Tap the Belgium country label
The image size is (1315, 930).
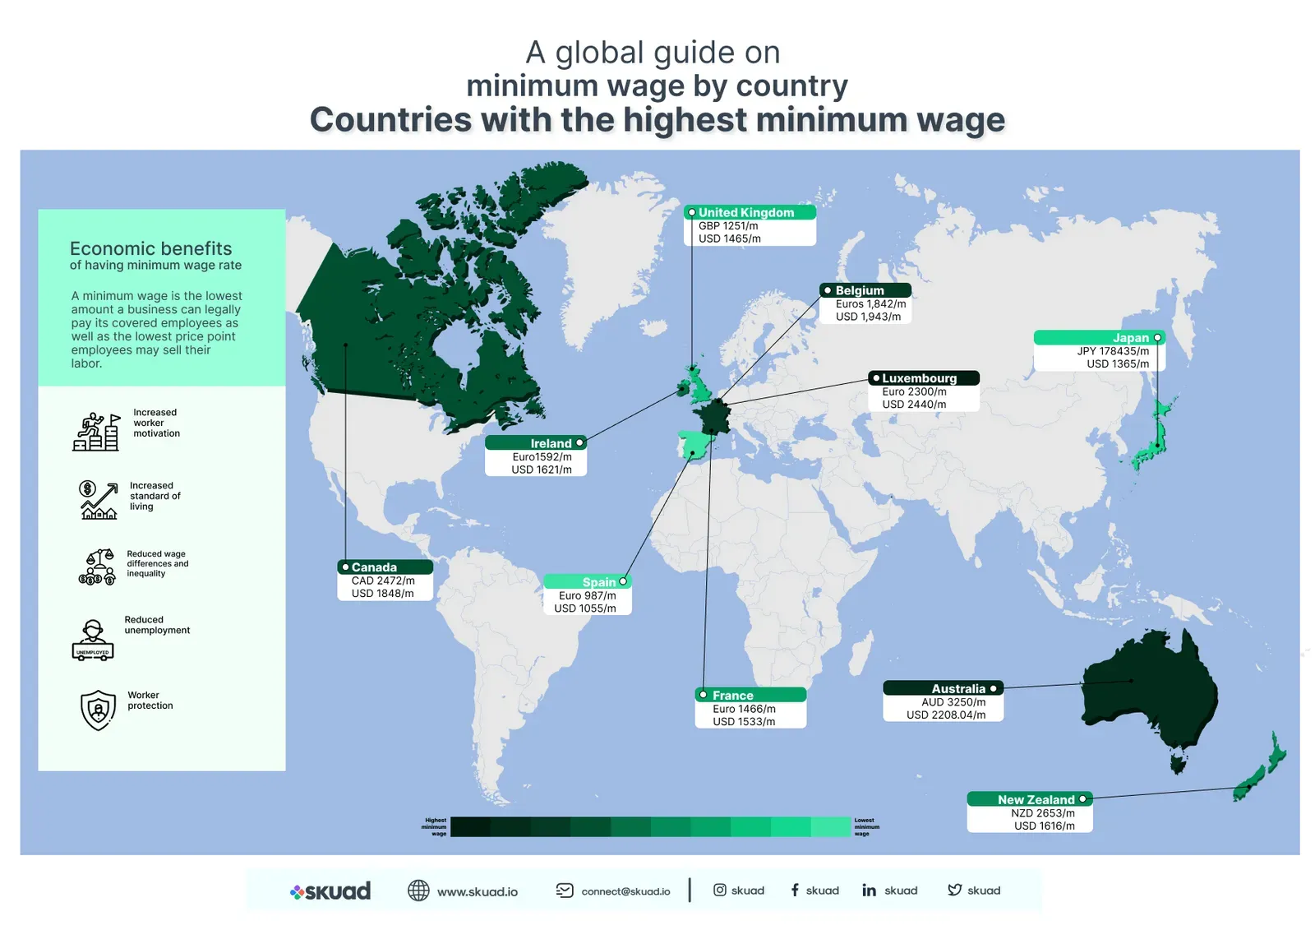860,290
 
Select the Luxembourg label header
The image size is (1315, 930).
920,378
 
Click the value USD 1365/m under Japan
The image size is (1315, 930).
1118,363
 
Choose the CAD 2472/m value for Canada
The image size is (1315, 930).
383,581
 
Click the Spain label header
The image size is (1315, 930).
598,582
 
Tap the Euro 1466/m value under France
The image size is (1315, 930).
744,709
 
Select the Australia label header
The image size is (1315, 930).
957,689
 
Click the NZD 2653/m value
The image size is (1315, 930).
1042,813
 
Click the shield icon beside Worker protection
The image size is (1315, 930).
98,710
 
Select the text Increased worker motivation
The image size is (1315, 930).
156,423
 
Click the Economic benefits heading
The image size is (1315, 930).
151,248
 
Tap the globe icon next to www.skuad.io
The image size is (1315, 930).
418,891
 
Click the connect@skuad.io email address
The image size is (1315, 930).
625,891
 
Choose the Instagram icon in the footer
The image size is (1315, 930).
719,890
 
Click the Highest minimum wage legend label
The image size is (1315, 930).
435,826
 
